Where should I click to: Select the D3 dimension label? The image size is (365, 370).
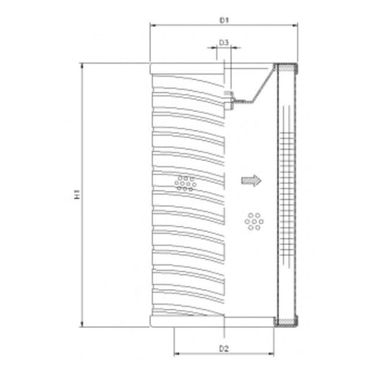tap(225, 41)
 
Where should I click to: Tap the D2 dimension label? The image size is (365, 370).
tap(225, 347)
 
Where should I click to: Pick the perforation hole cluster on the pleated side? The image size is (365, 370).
tap(184, 183)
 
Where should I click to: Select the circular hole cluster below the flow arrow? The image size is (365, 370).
tap(255, 222)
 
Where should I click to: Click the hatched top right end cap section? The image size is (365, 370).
tap(285, 69)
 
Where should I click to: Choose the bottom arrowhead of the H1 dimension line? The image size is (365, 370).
tap(83, 325)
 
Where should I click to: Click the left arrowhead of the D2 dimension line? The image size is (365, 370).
tap(176, 354)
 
